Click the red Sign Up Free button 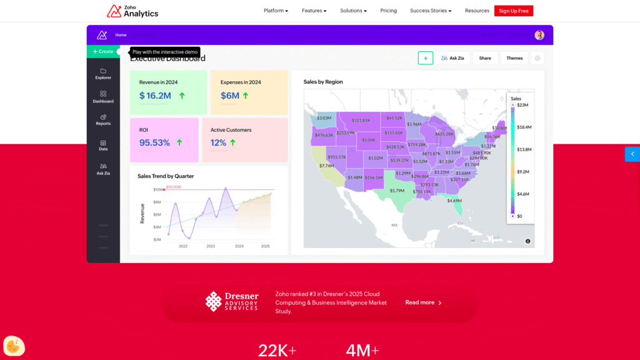[513, 11]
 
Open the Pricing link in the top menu [388, 11]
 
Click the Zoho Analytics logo [132, 11]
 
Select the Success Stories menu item [430, 11]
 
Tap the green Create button [103, 51]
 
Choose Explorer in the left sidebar [103, 74]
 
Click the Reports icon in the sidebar [103, 119]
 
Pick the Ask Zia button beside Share [453, 58]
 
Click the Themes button [514, 58]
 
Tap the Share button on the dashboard [485, 58]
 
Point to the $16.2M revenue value [155, 96]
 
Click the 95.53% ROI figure [154, 142]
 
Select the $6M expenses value [229, 96]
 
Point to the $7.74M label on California [326, 166]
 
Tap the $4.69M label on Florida [454, 201]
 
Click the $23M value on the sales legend [523, 105]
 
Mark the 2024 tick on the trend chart [239, 246]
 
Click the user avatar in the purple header [539, 35]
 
